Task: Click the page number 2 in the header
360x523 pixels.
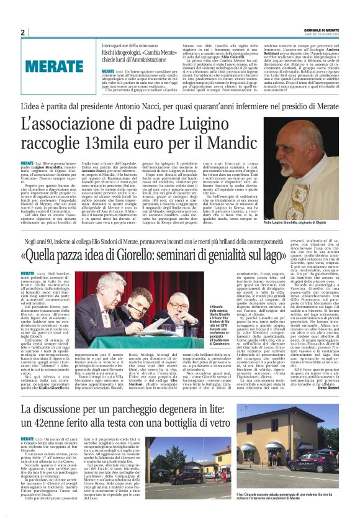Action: [x=22, y=32]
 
